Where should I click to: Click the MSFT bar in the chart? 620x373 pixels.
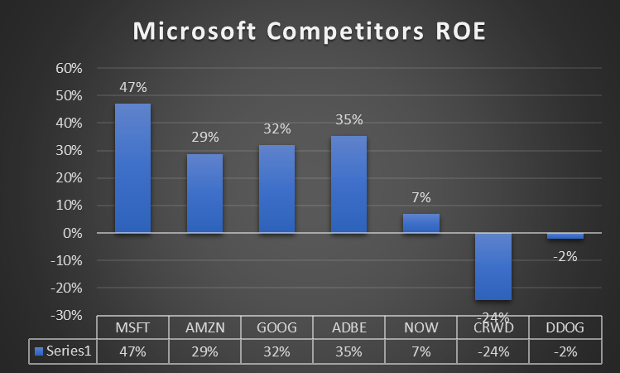click(132, 168)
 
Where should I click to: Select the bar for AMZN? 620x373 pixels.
click(204, 193)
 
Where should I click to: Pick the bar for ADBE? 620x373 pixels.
click(348, 184)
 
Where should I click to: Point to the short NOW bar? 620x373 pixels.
click(421, 223)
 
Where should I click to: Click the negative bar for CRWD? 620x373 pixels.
click(493, 266)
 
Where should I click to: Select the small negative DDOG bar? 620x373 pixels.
click(565, 236)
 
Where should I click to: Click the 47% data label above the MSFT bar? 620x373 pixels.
click(132, 87)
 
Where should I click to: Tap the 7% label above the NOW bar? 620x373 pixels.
click(421, 198)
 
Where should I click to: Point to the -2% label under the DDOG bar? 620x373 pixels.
click(565, 256)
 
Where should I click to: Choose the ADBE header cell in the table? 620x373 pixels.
click(348, 327)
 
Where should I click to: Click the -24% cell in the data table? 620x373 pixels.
click(493, 351)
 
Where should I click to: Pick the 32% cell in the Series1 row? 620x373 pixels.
click(276, 351)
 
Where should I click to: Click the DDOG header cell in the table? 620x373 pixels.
click(565, 327)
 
